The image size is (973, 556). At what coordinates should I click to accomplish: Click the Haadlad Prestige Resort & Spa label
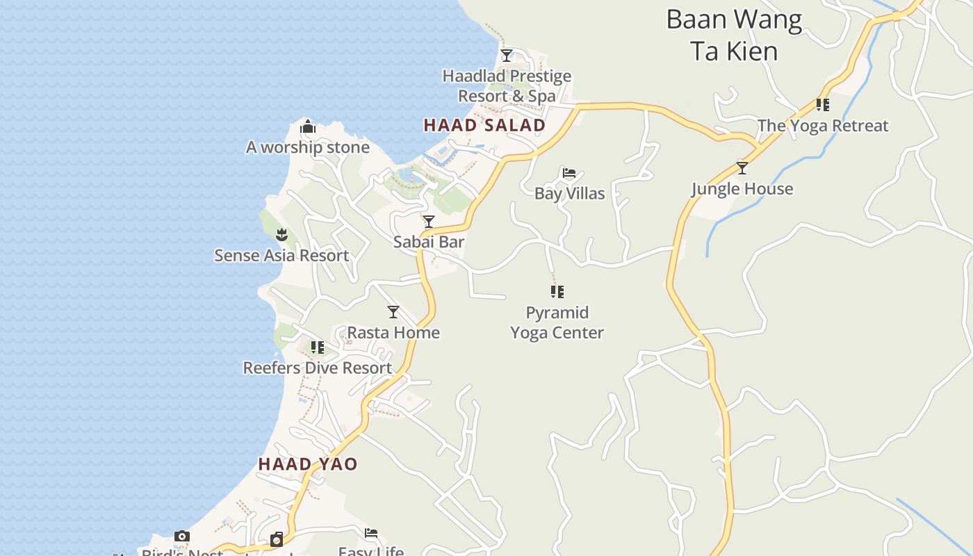point(507,86)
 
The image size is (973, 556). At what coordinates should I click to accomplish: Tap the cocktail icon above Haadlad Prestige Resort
point(507,55)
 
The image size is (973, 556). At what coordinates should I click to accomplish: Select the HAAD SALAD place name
point(484,126)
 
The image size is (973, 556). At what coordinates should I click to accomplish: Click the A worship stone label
point(308,147)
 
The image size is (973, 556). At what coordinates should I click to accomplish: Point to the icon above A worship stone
point(308,127)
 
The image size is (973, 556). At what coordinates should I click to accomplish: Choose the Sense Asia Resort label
point(281,256)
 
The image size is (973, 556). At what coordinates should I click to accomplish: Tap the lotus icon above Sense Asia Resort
point(281,234)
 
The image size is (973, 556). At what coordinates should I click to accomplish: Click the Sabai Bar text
point(429,242)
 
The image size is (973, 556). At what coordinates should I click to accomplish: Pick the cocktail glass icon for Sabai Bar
point(429,222)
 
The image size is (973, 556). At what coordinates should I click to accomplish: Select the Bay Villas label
point(569,193)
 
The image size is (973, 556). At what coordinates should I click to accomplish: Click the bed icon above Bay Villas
point(569,173)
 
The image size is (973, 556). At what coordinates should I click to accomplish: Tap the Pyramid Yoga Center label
point(557,322)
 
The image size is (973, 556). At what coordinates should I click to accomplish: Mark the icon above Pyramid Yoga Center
point(557,292)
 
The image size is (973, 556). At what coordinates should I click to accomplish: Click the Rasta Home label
point(393,332)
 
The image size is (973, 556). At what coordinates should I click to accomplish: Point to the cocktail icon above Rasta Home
point(393,312)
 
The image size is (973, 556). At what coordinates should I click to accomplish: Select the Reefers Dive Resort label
point(317,368)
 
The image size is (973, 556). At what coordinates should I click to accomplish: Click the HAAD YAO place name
point(308,464)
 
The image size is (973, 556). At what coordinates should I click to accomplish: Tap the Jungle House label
point(742,189)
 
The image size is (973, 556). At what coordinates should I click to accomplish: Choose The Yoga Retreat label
point(823,126)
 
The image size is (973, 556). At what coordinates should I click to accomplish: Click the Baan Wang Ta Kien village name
point(734,35)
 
